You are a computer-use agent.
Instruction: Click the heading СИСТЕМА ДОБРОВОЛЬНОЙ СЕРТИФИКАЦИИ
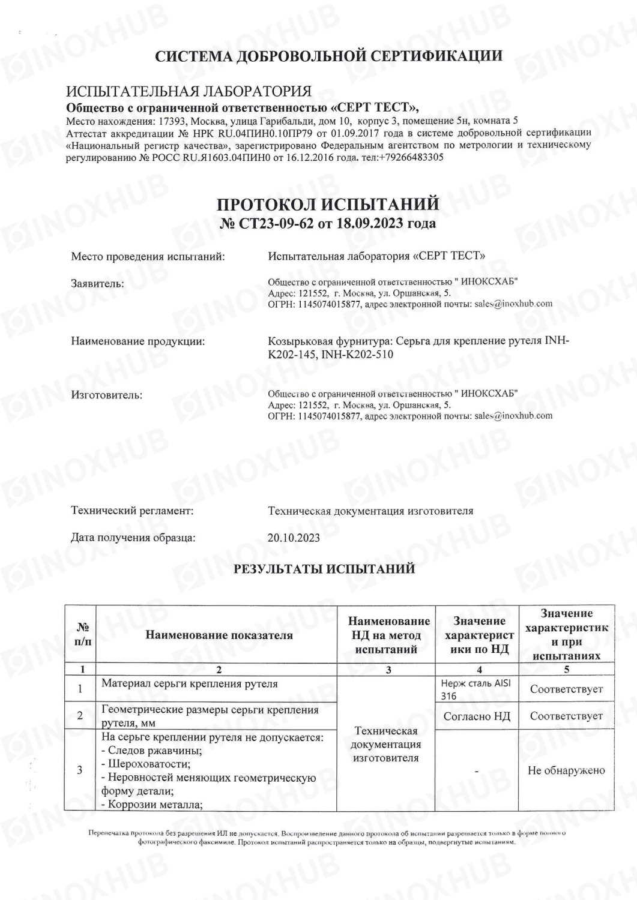tap(328, 56)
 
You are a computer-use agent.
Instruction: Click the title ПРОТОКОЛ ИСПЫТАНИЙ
tap(328, 204)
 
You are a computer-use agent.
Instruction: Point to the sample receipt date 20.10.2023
tap(294, 538)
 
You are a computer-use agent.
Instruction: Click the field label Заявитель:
tap(97, 283)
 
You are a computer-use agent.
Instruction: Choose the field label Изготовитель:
tap(107, 395)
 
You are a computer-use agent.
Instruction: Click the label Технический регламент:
tap(132, 511)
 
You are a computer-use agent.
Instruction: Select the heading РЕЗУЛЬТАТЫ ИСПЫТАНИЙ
tap(324, 569)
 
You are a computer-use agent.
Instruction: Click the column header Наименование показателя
tap(219, 635)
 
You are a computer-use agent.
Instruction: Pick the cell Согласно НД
tap(477, 716)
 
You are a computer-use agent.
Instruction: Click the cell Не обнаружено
tap(566, 770)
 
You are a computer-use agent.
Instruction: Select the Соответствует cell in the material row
tap(566, 689)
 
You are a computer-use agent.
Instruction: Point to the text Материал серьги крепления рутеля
tap(190, 683)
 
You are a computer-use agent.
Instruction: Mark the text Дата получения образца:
tap(133, 538)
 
